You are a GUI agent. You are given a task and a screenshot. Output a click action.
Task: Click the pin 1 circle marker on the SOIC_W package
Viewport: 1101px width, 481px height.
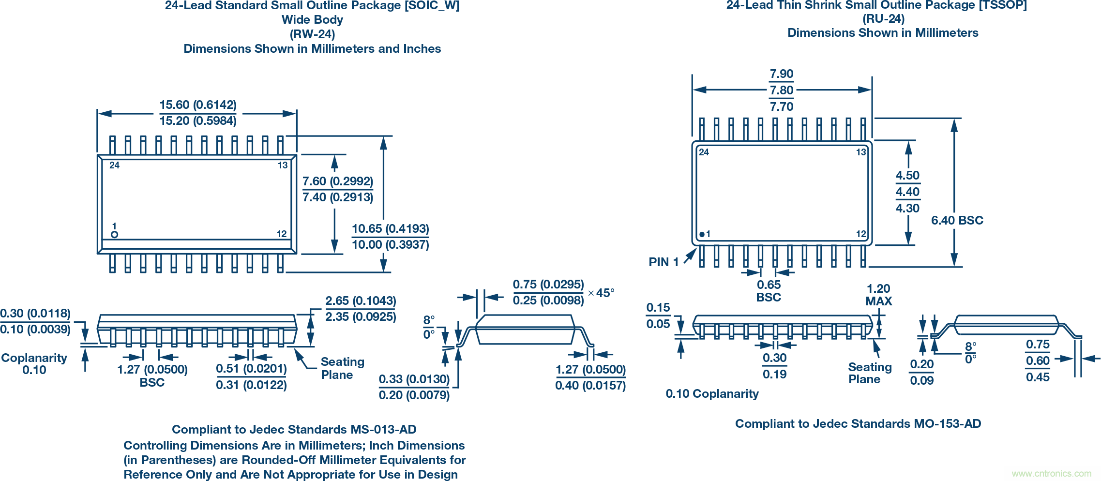[114, 235]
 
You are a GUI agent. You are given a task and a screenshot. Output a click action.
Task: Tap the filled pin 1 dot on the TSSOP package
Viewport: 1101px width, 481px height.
[702, 234]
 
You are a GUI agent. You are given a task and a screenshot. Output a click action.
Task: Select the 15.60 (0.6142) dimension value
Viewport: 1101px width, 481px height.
[198, 105]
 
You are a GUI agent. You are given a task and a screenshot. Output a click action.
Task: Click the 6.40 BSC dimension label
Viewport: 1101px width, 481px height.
[957, 221]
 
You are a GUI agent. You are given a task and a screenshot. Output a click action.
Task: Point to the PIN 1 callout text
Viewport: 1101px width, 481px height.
[664, 262]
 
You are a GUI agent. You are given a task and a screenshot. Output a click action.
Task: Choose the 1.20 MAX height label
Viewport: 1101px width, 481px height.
[878, 295]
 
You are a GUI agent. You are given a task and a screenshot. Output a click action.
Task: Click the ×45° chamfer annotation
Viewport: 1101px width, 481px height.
[601, 293]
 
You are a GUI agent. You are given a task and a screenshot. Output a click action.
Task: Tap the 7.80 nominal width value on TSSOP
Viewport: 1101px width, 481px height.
[782, 90]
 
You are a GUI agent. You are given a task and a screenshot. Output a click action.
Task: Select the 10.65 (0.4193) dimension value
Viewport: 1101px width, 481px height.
[390, 229]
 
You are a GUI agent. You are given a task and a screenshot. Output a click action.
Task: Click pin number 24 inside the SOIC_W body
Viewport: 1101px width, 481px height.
[114, 165]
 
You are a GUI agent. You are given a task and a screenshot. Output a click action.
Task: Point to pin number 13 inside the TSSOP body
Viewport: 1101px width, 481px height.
[860, 152]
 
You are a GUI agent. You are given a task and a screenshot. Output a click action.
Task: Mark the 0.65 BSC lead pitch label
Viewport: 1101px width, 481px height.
[769, 291]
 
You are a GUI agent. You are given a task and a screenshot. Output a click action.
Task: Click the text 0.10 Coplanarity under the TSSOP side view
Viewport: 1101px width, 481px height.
[712, 394]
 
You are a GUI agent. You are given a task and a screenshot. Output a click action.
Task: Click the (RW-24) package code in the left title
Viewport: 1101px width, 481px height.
[312, 34]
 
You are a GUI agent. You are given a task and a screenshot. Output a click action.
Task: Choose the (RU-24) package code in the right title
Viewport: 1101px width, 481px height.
[883, 19]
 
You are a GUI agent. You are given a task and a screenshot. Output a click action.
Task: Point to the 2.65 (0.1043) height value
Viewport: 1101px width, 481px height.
[361, 301]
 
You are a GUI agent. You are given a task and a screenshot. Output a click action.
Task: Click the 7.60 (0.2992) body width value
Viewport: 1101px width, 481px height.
[338, 181]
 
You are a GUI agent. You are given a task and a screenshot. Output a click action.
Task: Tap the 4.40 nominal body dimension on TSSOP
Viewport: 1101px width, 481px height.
[907, 192]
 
